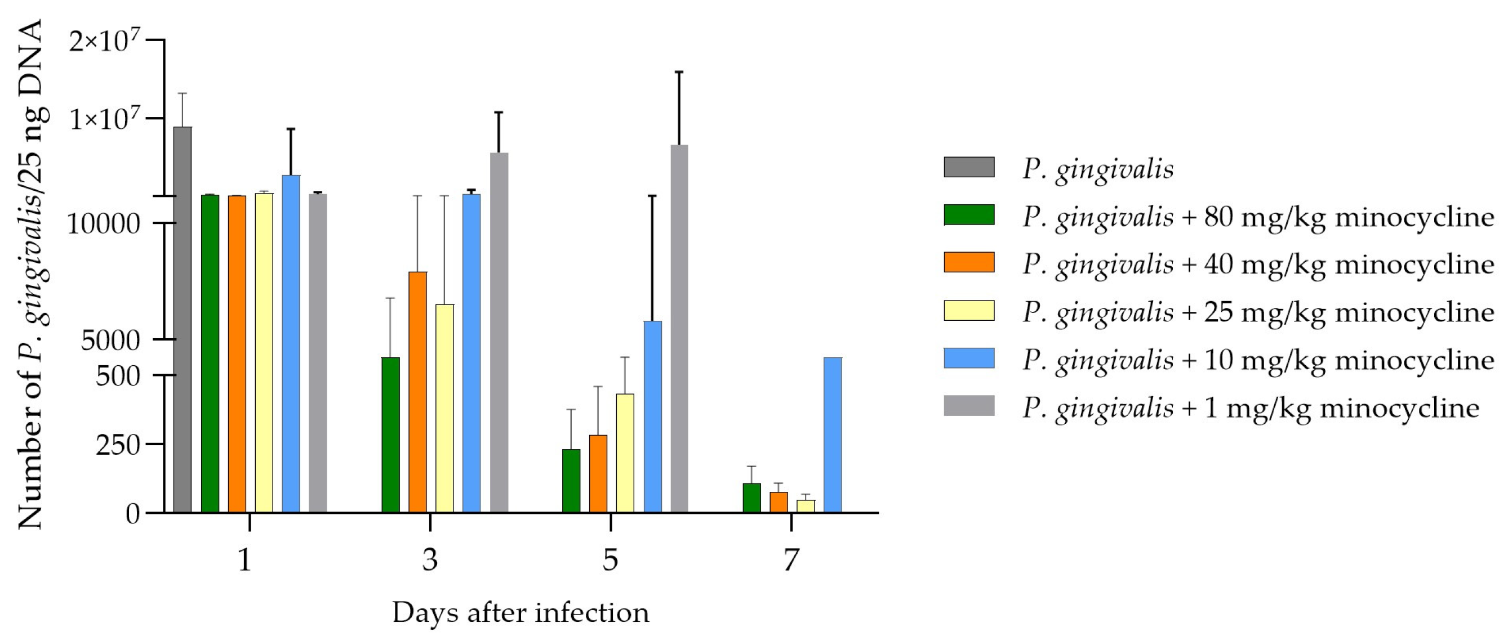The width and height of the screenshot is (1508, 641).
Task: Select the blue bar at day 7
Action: pyautogui.click(x=833, y=435)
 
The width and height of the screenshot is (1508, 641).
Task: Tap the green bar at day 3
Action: pyautogui.click(x=390, y=435)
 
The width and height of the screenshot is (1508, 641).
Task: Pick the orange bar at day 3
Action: pyautogui.click(x=417, y=392)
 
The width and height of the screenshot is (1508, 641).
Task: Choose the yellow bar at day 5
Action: pyautogui.click(x=625, y=453)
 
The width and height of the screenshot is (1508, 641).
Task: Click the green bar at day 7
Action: pyautogui.click(x=751, y=497)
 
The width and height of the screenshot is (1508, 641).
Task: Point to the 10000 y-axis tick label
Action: pyautogui.click(x=104, y=224)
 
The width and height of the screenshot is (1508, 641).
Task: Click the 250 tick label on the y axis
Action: pyautogui.click(x=118, y=446)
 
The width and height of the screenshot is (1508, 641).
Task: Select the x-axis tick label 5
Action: pyautogui.click(x=610, y=561)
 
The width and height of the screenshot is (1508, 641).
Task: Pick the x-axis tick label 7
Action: pyautogui.click(x=790, y=561)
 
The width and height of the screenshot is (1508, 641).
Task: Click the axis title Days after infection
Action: pyautogui.click(x=521, y=613)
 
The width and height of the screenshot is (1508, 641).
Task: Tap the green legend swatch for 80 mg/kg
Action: pyautogui.click(x=969, y=214)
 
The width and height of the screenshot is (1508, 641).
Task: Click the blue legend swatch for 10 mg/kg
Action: pyautogui.click(x=969, y=358)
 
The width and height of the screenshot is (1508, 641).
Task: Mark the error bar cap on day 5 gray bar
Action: pyautogui.click(x=679, y=72)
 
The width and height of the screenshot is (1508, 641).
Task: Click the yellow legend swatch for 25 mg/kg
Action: pyautogui.click(x=969, y=311)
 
